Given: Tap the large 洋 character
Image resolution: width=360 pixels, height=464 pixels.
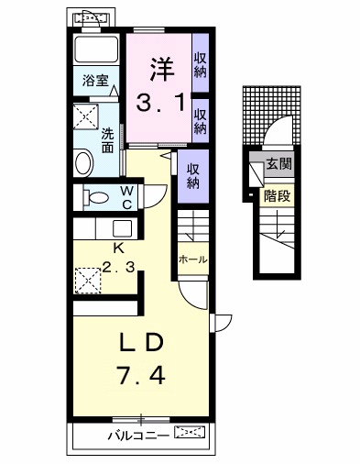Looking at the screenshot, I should point(162,69).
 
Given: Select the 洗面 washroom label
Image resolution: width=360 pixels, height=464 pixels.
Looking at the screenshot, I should point(108,139).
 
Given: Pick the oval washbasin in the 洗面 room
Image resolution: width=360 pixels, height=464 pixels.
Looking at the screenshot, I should point(84,164).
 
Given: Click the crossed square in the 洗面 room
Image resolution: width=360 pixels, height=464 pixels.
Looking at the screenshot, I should point(88,116).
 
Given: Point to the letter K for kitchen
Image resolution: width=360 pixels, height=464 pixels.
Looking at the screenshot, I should point(118,249).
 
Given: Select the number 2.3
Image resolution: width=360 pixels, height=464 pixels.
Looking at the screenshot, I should point(120,269).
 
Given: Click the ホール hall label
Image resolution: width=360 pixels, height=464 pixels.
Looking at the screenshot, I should point(192,260).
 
